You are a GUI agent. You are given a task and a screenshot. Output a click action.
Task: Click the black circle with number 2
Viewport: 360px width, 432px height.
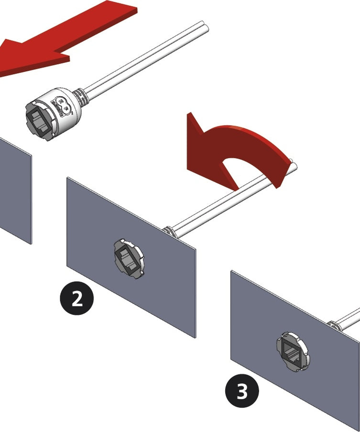tap(77, 299)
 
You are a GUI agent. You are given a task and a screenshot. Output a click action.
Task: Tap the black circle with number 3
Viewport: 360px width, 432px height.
tap(242, 391)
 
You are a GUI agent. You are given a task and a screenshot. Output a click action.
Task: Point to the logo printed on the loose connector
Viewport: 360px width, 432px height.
tap(63, 105)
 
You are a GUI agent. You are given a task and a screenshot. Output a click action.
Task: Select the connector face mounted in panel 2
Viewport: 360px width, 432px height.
tap(129, 259)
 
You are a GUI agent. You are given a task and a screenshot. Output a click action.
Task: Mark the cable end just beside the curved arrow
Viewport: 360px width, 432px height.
tap(294, 166)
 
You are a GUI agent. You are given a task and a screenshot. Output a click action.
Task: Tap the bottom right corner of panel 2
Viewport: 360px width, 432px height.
tap(195, 337)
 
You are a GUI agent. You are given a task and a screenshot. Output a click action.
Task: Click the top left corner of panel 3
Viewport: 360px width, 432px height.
tap(232, 272)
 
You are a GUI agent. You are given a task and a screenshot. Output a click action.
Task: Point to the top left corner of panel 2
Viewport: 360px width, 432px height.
tap(67, 178)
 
